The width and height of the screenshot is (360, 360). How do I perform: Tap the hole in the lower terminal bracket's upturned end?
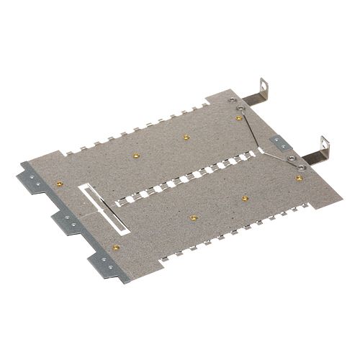(324, 142)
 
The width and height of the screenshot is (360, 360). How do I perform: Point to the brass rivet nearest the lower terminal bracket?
(299, 176)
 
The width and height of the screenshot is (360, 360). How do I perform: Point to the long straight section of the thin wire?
(254, 130)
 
